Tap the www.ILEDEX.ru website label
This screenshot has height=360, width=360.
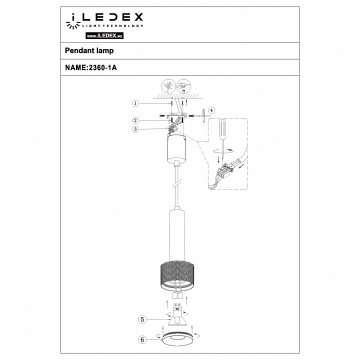[x=105, y=36]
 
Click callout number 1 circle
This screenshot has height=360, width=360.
[x=135, y=103]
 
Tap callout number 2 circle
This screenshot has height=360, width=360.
[x=135, y=120]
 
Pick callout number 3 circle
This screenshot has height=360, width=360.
[x=135, y=129]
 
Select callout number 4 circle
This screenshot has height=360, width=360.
[x=211, y=110]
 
